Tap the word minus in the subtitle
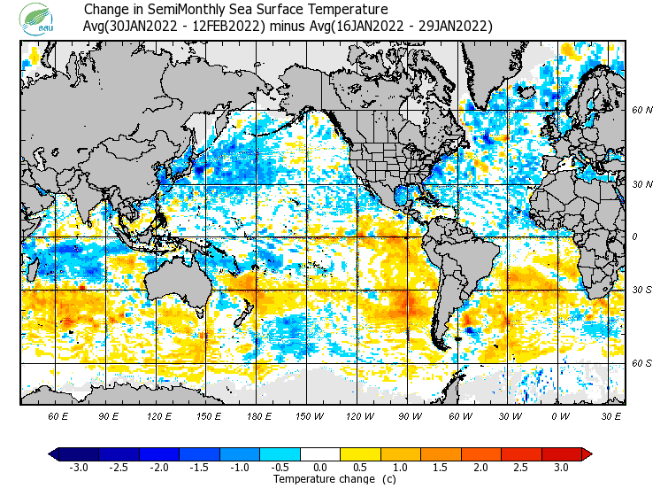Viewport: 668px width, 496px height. (x=288, y=26)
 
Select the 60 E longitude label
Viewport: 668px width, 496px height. (x=58, y=415)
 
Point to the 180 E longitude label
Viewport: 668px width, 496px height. (x=259, y=415)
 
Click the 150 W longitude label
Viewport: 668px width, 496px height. (x=310, y=415)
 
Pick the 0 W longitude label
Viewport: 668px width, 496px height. (x=560, y=415)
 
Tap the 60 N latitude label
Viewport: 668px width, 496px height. (x=641, y=111)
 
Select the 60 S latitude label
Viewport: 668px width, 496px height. (x=641, y=363)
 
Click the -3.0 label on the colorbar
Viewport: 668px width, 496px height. (x=79, y=468)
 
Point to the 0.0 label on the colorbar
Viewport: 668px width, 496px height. (x=320, y=468)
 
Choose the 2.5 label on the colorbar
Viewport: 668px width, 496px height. (x=521, y=468)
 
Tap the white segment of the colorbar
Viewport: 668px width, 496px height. (x=320, y=454)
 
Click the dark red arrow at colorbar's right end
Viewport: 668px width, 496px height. (x=587, y=454)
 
